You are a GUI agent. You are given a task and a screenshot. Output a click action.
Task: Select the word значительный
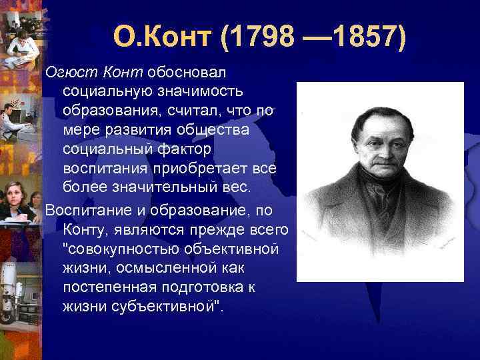165,186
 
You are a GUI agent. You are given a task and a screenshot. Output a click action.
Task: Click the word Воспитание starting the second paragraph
83,211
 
